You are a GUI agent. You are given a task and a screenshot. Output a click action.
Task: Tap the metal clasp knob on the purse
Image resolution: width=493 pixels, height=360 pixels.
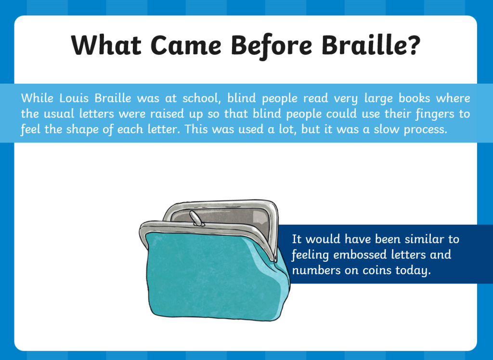click(x=196, y=219)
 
